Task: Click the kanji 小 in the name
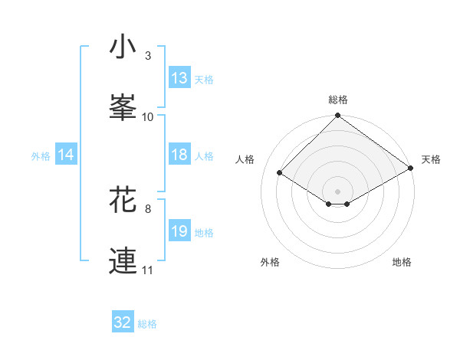(123, 47)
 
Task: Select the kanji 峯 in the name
(123, 107)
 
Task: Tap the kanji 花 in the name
(123, 200)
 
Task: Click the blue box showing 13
(179, 78)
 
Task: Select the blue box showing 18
(179, 155)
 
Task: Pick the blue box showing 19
(179, 231)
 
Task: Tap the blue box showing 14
(66, 155)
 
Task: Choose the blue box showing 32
(123, 322)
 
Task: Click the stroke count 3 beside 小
(148, 56)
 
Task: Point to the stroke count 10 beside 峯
(148, 116)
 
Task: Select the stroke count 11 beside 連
(148, 270)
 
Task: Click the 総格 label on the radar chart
(338, 100)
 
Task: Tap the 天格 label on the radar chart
(431, 159)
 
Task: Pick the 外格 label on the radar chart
(270, 262)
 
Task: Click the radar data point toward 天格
(411, 168)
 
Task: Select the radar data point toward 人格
(280, 172)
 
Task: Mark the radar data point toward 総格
(338, 116)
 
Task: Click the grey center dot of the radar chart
(338, 191)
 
